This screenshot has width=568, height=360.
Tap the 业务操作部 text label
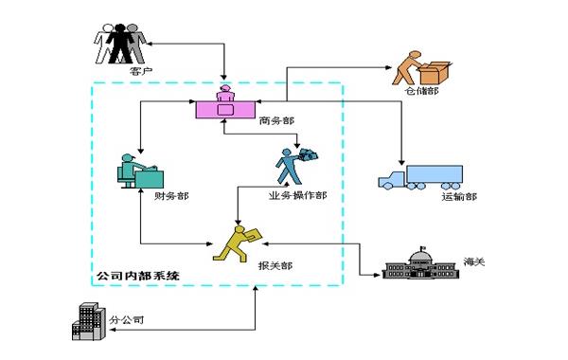[297, 196]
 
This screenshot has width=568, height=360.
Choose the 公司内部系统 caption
[137, 275]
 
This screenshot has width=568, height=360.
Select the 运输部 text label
[458, 197]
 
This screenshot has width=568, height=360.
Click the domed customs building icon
[418, 262]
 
